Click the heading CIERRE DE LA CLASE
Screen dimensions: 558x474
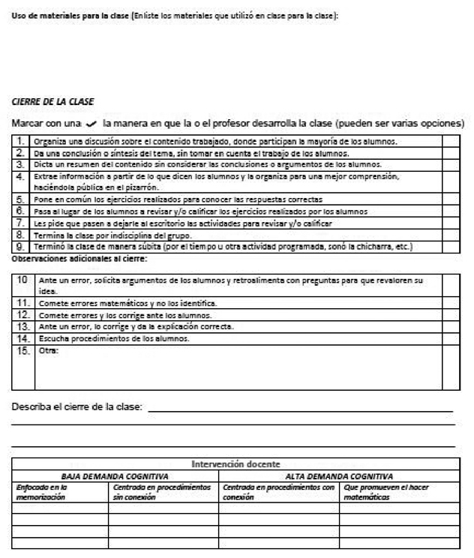[52, 100]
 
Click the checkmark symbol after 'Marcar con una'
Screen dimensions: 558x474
[92, 122]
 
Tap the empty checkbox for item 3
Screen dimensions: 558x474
[451, 164]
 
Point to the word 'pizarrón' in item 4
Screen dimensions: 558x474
[140, 187]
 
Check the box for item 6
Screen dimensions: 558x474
[451, 211]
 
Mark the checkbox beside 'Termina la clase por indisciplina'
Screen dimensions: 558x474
[451, 235]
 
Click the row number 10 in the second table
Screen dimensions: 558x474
[22, 279]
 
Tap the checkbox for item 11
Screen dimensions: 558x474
[451, 302]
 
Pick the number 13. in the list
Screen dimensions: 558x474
[22, 326]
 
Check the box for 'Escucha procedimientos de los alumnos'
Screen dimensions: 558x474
[451, 338]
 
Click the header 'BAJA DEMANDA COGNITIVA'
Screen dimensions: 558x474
[114, 476]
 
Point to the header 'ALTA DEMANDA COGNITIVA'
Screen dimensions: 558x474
[339, 476]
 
